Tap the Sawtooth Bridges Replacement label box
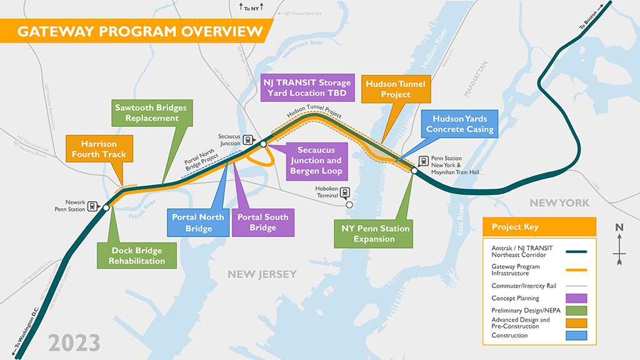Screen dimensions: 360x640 pyautogui.click(x=151, y=113)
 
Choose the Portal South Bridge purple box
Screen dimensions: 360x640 pyautogui.click(x=263, y=222)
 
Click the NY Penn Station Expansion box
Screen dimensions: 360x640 pyautogui.click(x=376, y=234)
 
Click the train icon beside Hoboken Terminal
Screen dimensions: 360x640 pyautogui.click(x=344, y=193)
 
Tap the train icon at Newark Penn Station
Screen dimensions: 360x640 pyautogui.click(x=93, y=204)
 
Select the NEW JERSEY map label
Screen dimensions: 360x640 pyautogui.click(x=262, y=274)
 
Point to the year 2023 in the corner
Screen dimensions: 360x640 pyautogui.click(x=74, y=342)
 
